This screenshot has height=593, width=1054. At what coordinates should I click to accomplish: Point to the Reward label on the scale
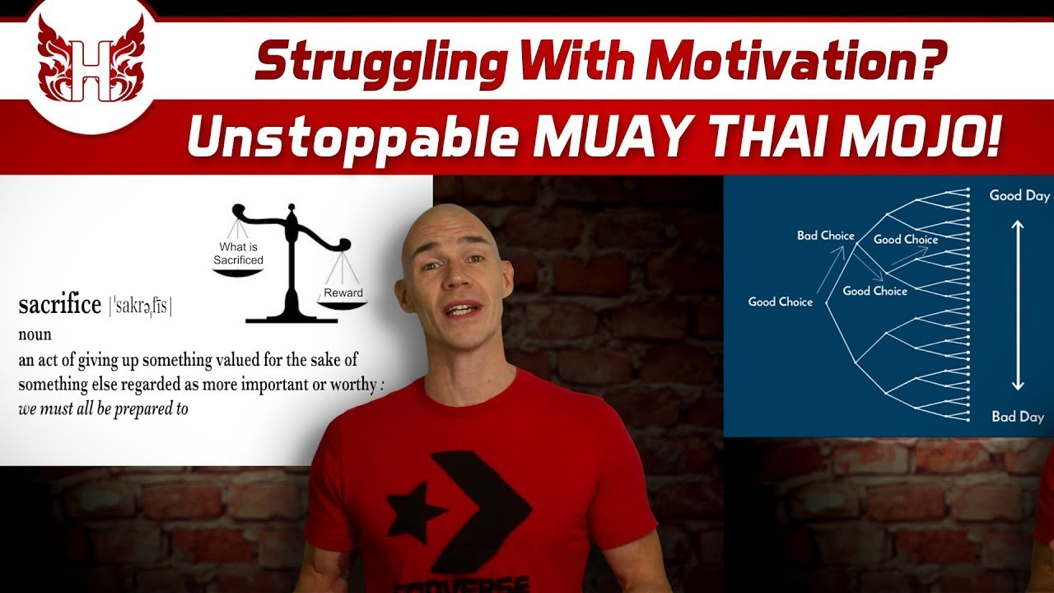(343, 292)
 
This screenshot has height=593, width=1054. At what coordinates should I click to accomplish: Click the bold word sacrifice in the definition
(59, 306)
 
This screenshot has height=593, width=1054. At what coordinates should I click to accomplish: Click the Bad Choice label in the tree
(825, 236)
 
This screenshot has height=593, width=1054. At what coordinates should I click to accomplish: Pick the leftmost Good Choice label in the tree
(780, 301)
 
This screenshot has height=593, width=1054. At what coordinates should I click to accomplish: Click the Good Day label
(1019, 196)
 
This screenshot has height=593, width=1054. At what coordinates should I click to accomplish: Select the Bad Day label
(1018, 417)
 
